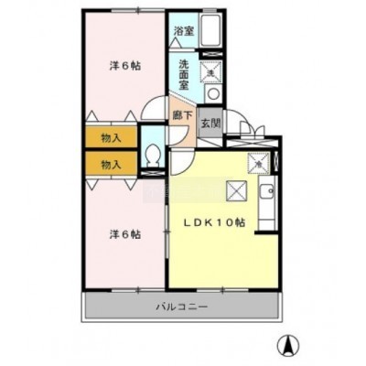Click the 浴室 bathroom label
[x=184, y=31]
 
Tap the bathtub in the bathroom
[x=211, y=29]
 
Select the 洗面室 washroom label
[x=184, y=74]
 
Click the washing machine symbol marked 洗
[x=211, y=71]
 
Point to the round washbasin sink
[x=212, y=93]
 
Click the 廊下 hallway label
[x=182, y=115]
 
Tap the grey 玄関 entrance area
[x=210, y=123]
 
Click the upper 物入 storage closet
[x=111, y=137]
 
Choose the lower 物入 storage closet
[x=111, y=164]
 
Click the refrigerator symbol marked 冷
[x=259, y=163]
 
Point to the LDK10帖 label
[x=215, y=222]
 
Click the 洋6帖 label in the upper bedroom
[x=125, y=66]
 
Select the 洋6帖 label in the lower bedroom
[x=125, y=234]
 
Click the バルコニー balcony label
[x=182, y=307]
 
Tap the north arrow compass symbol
[x=288, y=346]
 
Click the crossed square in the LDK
[x=236, y=191]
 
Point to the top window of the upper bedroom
[x=138, y=11]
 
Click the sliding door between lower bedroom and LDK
[x=167, y=232]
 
